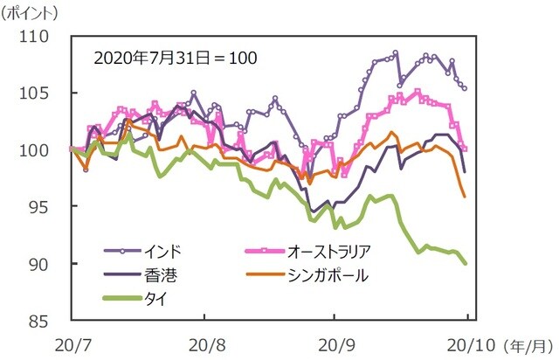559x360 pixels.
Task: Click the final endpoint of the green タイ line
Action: click(465, 263)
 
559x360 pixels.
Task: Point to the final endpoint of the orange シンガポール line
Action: click(465, 197)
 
